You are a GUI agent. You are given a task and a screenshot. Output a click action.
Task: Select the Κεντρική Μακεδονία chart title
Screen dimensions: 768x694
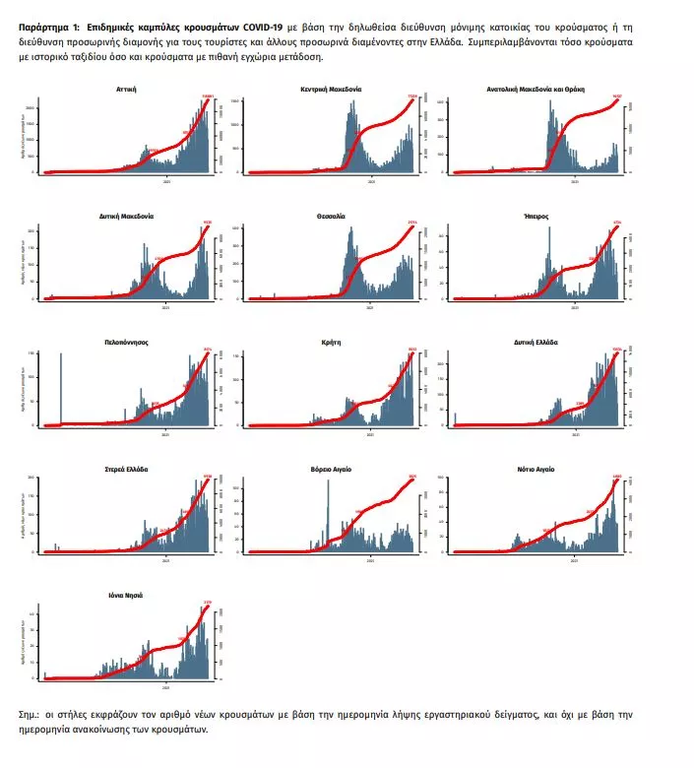pyautogui.click(x=331, y=89)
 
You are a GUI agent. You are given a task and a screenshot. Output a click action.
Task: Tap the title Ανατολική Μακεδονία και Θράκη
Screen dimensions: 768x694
pyautogui.click(x=536, y=89)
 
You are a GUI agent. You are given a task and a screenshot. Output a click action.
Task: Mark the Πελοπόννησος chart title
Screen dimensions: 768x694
pyautogui.click(x=126, y=342)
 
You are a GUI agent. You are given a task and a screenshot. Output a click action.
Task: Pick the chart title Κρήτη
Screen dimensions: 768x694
pyautogui.click(x=331, y=342)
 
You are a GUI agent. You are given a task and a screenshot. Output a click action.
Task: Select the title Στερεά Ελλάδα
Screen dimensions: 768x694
pyautogui.click(x=126, y=469)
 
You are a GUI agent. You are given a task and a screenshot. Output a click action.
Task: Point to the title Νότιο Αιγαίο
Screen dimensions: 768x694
pyautogui.click(x=536, y=469)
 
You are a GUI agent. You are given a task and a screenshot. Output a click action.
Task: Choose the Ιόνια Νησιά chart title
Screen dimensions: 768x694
pyautogui.click(x=126, y=596)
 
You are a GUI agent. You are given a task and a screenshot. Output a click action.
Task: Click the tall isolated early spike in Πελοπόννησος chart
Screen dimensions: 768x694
pyautogui.click(x=61, y=389)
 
